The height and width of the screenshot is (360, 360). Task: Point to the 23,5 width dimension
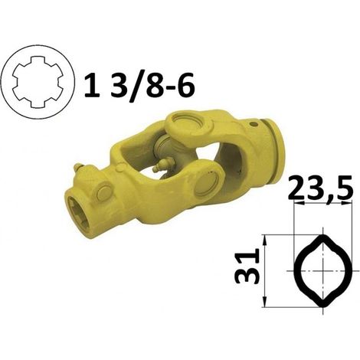(x=321, y=187)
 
